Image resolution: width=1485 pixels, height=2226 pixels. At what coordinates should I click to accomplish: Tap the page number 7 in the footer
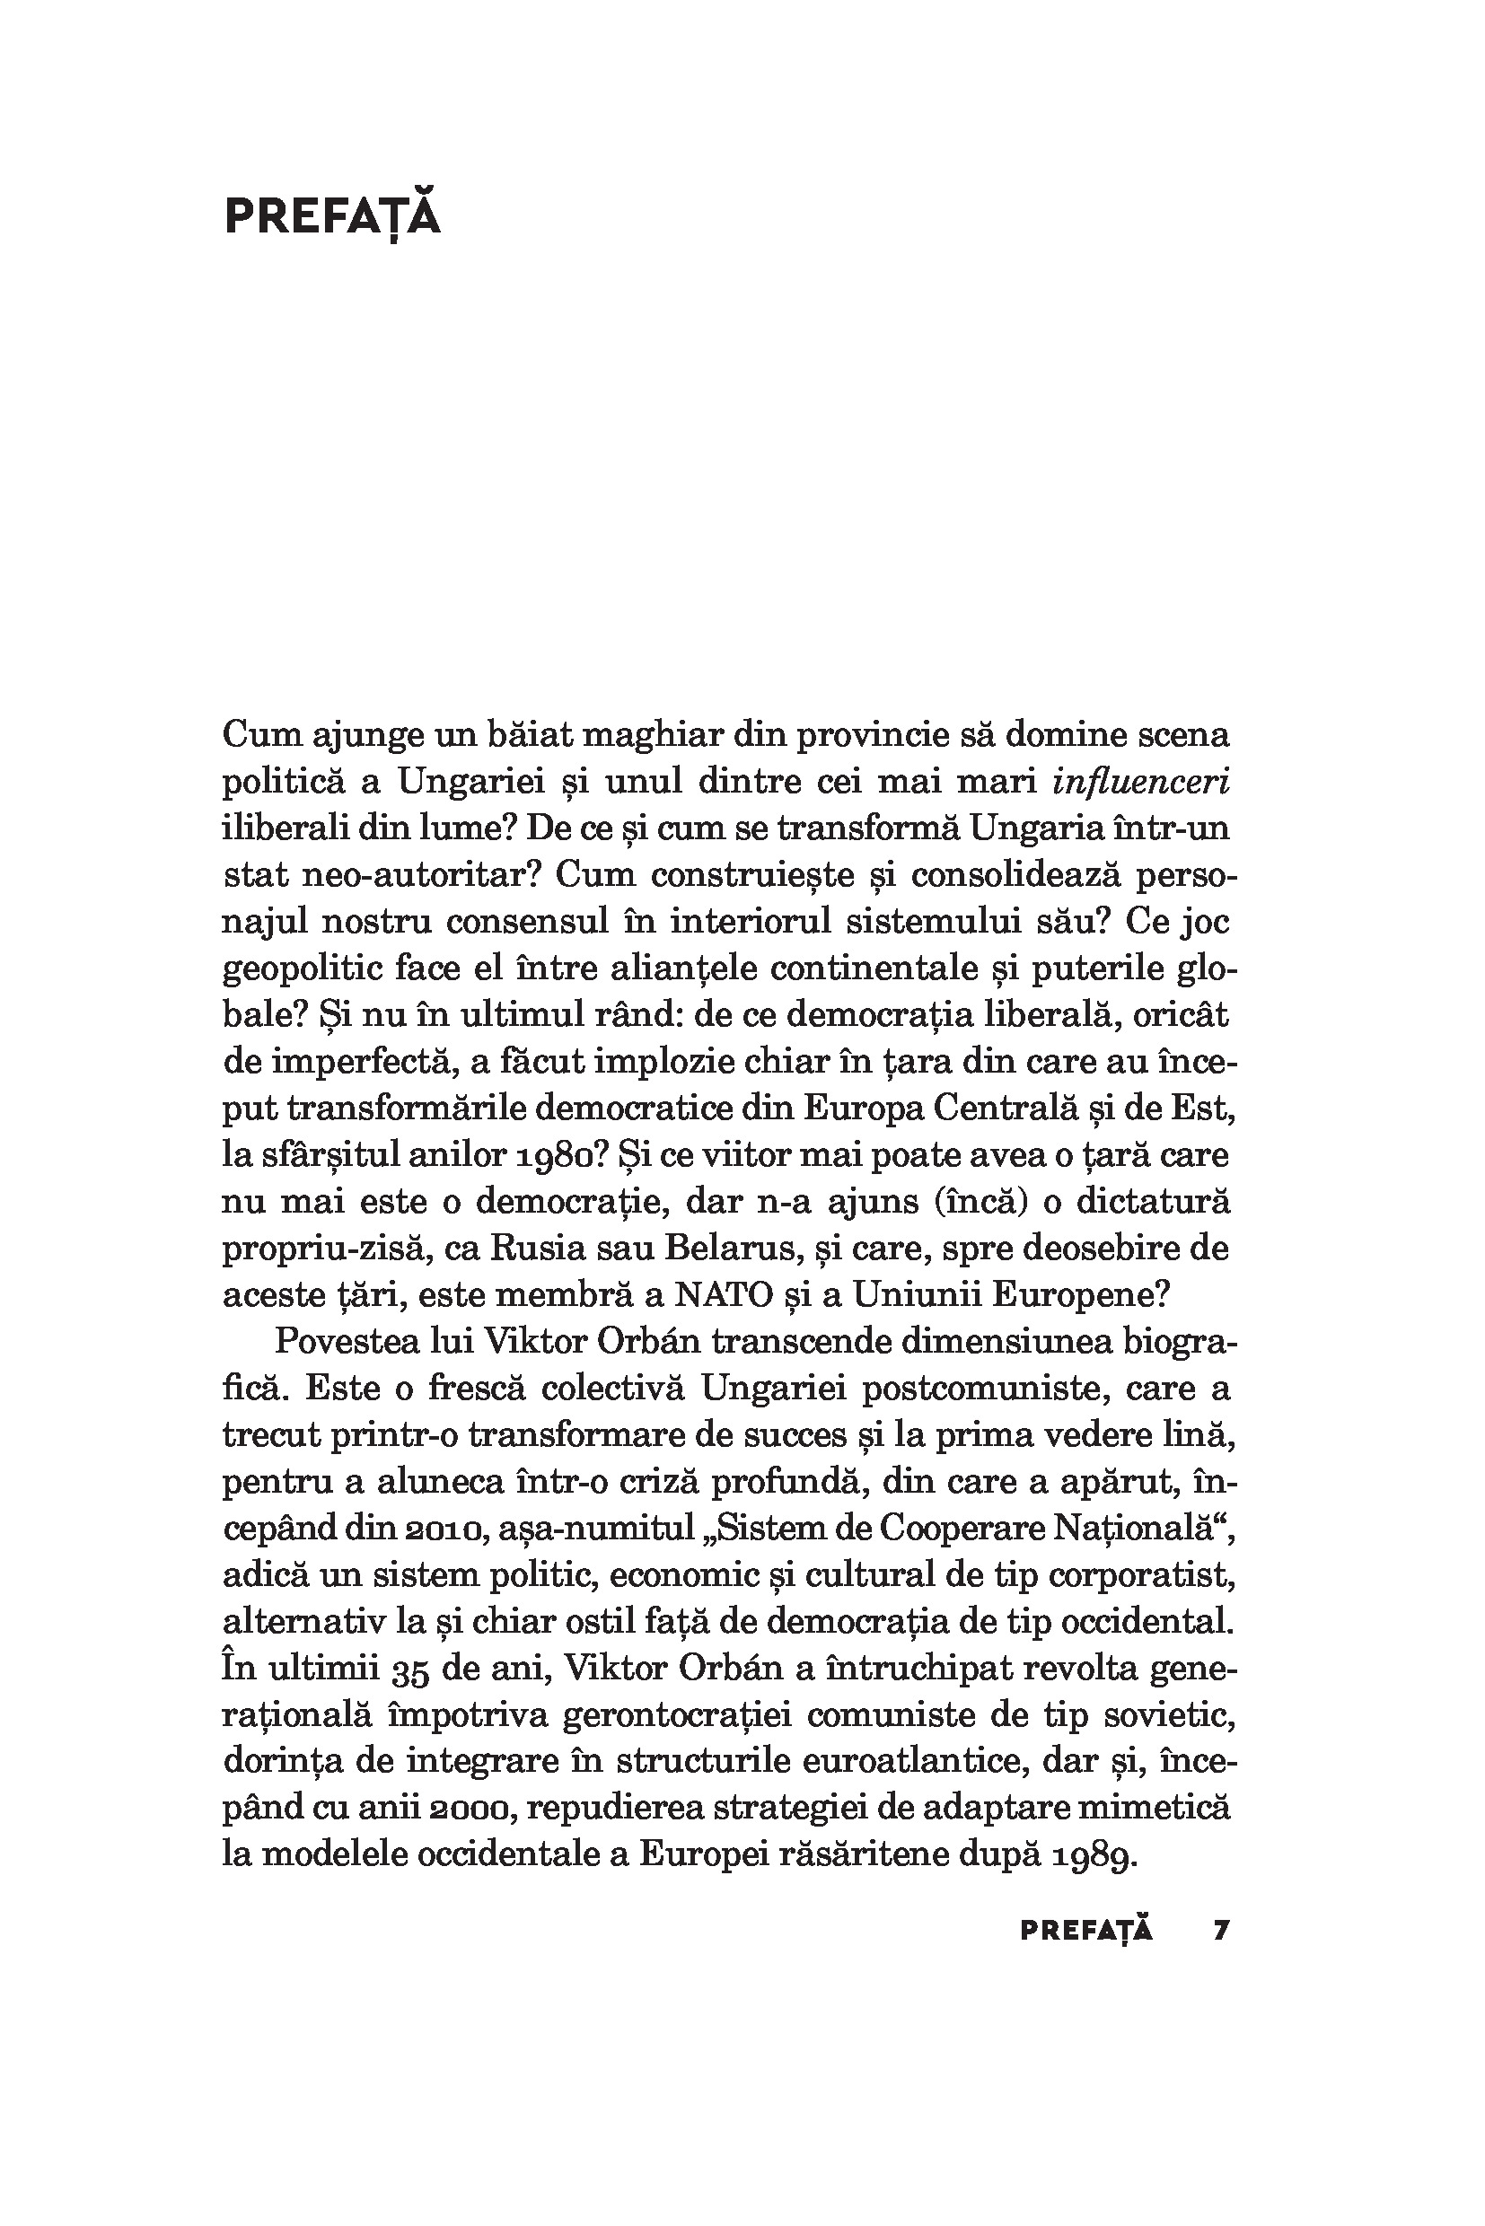[x=1221, y=1930]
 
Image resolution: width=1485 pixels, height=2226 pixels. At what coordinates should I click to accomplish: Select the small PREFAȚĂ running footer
[x=1086, y=1930]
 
